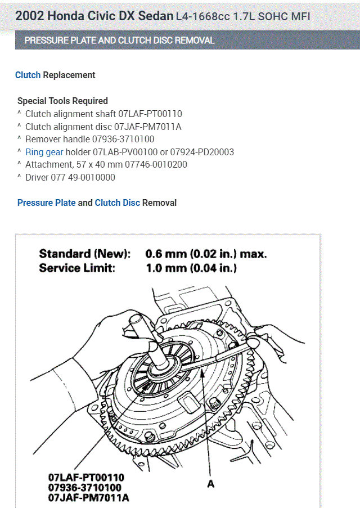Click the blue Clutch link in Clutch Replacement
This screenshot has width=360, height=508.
(28, 75)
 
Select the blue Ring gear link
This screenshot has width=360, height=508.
(44, 152)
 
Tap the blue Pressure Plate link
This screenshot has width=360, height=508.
(46, 203)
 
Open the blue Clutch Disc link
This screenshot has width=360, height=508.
(117, 203)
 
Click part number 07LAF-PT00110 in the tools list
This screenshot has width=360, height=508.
(148, 114)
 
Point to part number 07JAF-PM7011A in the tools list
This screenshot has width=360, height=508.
(148, 127)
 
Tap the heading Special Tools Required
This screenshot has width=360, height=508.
(62, 101)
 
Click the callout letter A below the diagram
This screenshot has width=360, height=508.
(210, 483)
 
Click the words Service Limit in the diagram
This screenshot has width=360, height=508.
(76, 268)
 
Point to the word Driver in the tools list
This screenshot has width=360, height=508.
(37, 177)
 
